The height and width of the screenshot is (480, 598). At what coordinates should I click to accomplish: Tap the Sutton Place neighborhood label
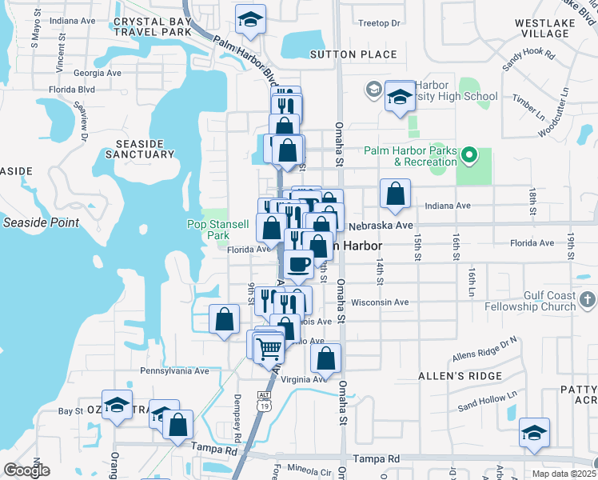[x=353, y=54]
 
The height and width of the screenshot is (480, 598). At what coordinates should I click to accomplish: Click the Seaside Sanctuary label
[x=139, y=149]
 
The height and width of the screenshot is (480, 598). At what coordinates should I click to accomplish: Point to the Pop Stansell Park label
[x=208, y=230]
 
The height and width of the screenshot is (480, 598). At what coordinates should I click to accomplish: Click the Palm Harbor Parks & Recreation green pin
[x=469, y=154]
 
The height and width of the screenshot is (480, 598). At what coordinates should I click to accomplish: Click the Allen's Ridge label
[x=460, y=375]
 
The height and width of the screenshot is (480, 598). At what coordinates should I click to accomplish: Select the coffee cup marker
[x=299, y=263]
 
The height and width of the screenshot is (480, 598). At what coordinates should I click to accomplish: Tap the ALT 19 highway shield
[x=265, y=400]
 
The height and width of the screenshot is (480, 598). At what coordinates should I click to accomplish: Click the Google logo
[x=26, y=470]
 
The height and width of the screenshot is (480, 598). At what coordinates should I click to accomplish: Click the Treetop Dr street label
[x=380, y=23]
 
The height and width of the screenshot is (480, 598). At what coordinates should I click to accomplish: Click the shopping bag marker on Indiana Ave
[x=395, y=194]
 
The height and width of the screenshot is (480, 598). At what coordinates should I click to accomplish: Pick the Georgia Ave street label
[x=98, y=72]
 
